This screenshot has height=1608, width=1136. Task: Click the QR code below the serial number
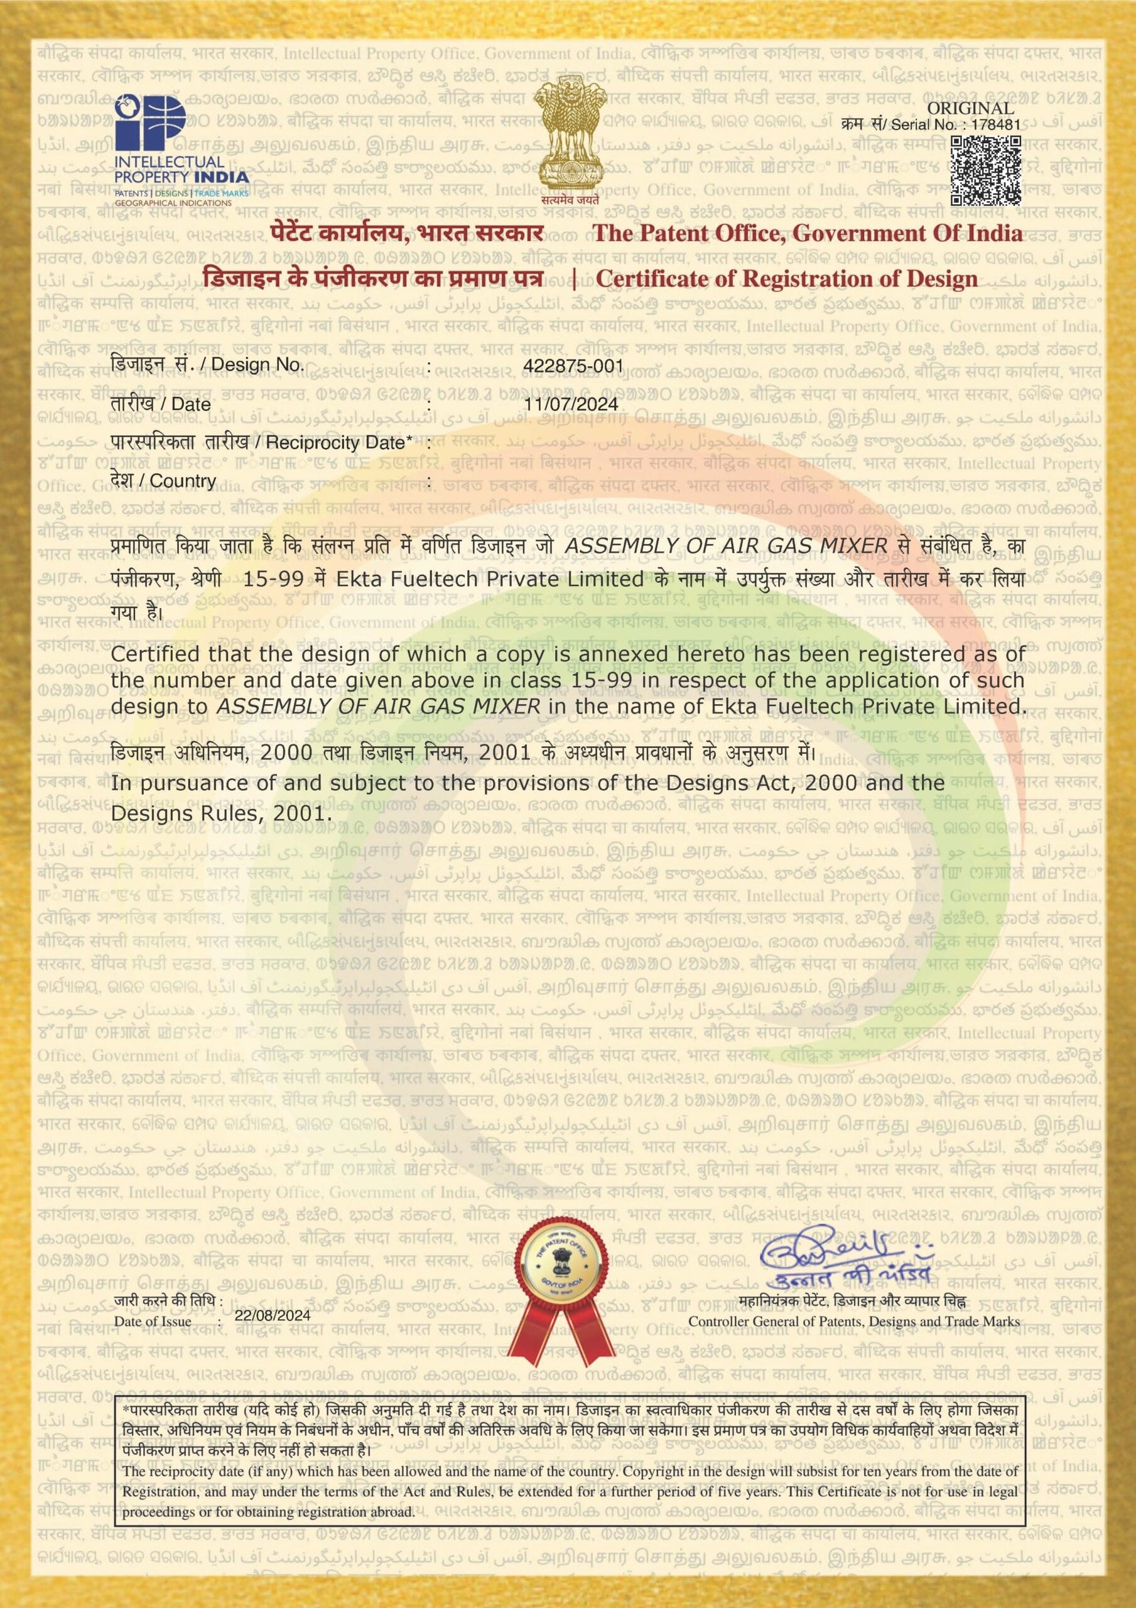[x=985, y=170]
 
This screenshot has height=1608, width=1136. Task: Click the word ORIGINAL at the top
[x=970, y=108]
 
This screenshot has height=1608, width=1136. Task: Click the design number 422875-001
[x=573, y=366]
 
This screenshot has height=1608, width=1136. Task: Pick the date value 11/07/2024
[x=571, y=404]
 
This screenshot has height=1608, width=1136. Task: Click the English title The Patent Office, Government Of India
[x=807, y=233]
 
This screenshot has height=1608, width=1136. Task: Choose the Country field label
[x=163, y=481]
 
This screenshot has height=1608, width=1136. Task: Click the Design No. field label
[x=207, y=364]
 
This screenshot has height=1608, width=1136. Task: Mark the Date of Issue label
[x=153, y=1322]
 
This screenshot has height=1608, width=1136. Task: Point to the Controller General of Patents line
[x=854, y=1322]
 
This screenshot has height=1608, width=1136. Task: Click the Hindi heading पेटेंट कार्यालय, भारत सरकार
[x=406, y=233]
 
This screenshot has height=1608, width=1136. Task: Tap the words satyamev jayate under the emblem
[x=570, y=198]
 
